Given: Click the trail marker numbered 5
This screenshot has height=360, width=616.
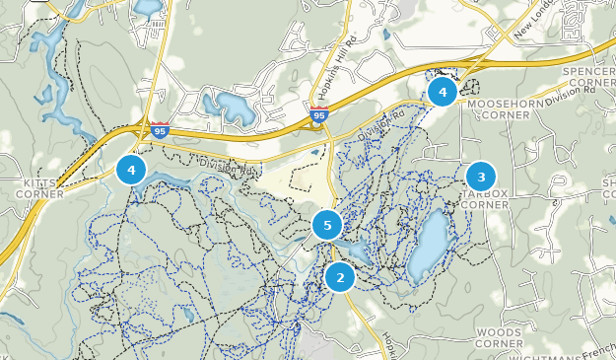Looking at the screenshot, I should pyautogui.click(x=327, y=226).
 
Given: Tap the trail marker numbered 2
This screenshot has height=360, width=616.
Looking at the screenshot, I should pyautogui.click(x=340, y=277).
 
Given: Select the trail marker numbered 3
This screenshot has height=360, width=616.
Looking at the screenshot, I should pyautogui.click(x=481, y=178).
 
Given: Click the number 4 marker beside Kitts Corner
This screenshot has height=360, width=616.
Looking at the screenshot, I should pyautogui.click(x=130, y=170).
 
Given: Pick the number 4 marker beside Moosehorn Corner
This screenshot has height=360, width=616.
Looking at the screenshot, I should pyautogui.click(x=442, y=93).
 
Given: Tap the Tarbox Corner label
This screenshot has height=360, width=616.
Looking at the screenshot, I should pyautogui.click(x=484, y=199).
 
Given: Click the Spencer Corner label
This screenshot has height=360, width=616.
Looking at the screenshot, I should pyautogui.click(x=589, y=78).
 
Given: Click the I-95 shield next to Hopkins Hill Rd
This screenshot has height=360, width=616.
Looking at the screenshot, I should pyautogui.click(x=318, y=116).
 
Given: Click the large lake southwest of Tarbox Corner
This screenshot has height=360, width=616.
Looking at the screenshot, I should pyautogui.click(x=431, y=243).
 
